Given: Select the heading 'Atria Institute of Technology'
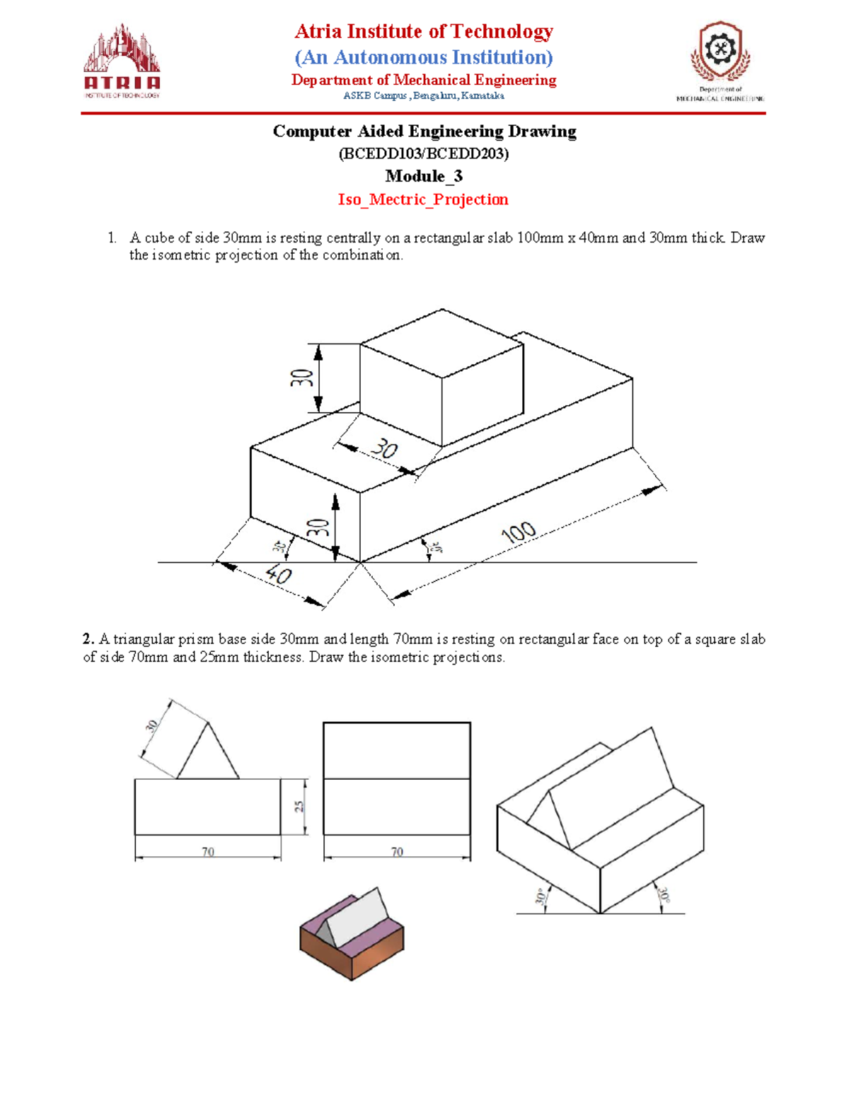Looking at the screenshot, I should pos(423,31).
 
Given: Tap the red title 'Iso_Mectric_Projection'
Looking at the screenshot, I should pos(423,199).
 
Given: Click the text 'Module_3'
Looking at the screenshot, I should pos(423,176).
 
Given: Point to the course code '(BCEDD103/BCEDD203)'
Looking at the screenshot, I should pos(423,153).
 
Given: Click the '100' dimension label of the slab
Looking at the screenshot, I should pos(519,532).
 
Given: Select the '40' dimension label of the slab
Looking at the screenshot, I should pos(279,575).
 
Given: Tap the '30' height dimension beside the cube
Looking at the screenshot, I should pos(302,378).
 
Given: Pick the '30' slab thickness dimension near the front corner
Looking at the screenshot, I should pos(318,527).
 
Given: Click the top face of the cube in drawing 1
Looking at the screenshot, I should pos(442,343).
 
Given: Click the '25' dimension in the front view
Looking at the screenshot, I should pos(300,807).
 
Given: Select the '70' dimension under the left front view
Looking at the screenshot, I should pos(207,852).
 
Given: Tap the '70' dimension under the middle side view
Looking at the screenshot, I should pos(397,852).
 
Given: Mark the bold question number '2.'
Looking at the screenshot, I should pos(88,639).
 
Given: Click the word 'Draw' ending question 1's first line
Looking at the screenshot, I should pos(748,238).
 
